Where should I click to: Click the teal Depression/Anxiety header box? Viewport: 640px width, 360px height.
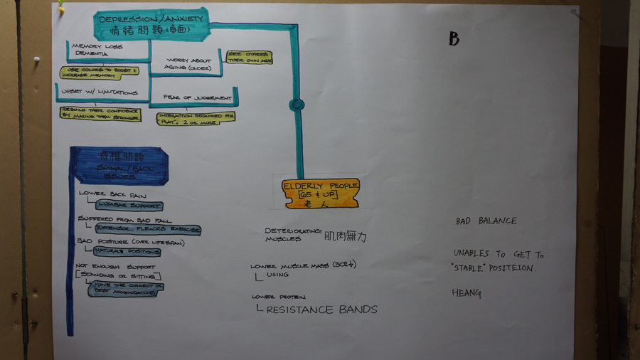[x=151, y=24]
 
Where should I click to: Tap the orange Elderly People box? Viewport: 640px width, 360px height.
[x=321, y=193]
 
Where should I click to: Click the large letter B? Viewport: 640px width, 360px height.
[x=454, y=39]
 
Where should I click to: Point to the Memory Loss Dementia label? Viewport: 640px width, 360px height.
[x=97, y=50]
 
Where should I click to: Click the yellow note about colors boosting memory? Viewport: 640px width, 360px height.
[x=99, y=72]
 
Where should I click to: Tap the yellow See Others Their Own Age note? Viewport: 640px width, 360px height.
[x=249, y=57]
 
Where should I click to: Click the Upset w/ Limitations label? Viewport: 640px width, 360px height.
[x=100, y=92]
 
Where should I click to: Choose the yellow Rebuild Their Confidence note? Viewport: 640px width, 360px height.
[x=100, y=114]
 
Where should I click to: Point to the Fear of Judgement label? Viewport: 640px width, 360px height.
[x=197, y=97]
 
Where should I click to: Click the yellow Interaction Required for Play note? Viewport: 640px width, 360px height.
[x=196, y=117]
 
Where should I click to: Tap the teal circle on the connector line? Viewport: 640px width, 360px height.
[x=297, y=105]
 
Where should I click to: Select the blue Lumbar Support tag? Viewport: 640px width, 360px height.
[x=120, y=205]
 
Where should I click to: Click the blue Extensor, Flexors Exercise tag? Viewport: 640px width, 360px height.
[x=147, y=230]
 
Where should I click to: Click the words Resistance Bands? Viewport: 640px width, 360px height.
[x=321, y=309]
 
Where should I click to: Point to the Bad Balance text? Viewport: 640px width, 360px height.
[x=486, y=221]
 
